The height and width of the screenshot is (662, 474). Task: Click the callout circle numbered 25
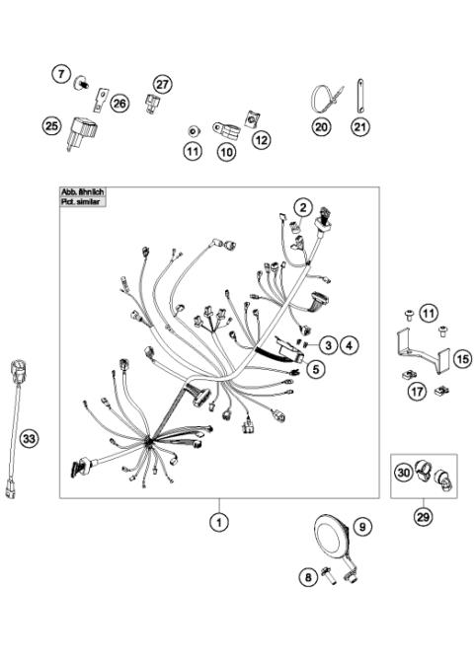(x=50, y=124)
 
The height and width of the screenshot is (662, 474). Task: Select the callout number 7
(x=60, y=75)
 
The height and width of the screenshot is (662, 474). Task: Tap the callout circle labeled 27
(x=163, y=85)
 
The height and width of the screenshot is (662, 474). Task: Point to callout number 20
(x=320, y=126)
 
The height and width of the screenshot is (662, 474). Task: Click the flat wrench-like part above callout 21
(x=359, y=96)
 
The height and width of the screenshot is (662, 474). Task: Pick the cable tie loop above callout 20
(x=321, y=97)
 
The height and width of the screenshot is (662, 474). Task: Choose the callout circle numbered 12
(x=261, y=141)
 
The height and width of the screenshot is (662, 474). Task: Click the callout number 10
(x=227, y=152)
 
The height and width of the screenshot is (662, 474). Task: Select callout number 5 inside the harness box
(x=315, y=369)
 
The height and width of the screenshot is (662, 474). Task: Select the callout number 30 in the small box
(x=402, y=474)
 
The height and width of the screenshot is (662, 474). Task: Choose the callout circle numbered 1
(x=217, y=522)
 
